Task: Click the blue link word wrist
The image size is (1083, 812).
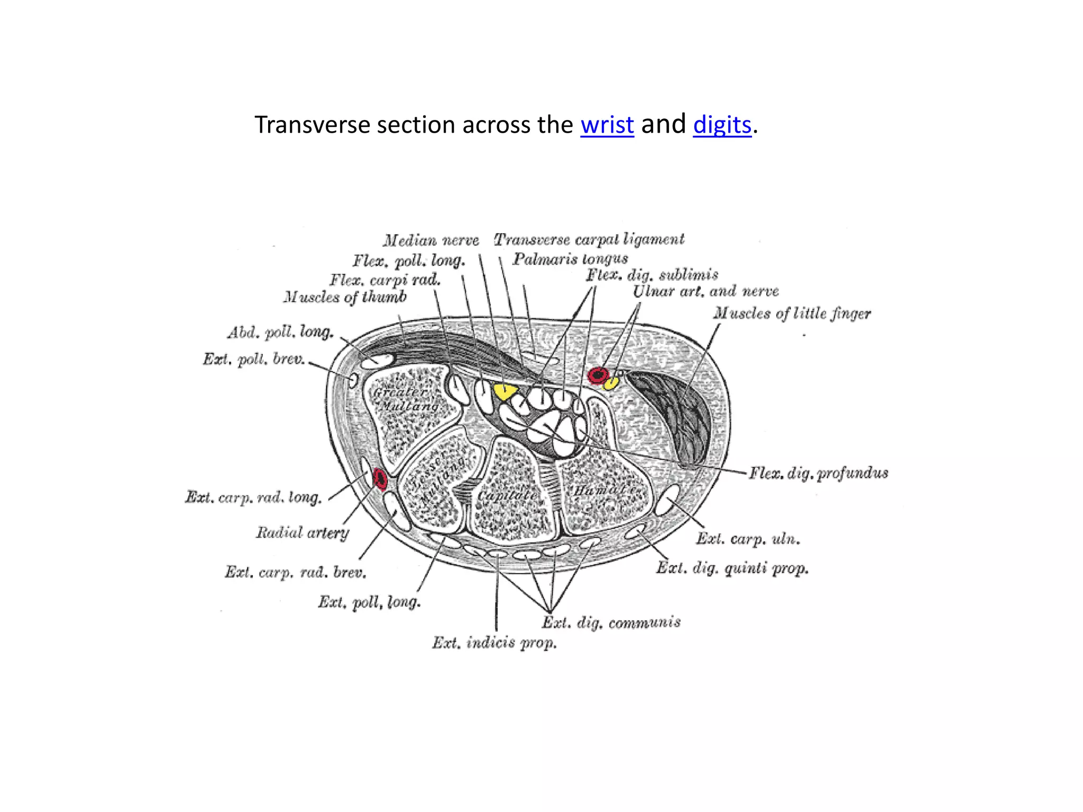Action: (x=607, y=125)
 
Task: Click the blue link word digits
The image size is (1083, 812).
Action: (x=722, y=125)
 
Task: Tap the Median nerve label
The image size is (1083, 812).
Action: (x=431, y=241)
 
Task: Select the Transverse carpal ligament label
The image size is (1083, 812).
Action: (x=589, y=239)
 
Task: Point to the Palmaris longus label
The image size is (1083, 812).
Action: (x=570, y=259)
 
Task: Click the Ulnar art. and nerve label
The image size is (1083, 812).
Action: (x=705, y=291)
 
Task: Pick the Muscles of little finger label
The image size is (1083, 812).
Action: (x=792, y=313)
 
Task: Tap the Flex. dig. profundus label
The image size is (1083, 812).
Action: (x=818, y=473)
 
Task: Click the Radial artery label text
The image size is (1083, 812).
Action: (x=302, y=532)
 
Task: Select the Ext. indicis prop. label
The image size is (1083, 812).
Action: (x=494, y=643)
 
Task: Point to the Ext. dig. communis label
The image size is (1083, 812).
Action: (x=611, y=623)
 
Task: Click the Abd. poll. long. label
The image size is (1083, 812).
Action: (x=280, y=332)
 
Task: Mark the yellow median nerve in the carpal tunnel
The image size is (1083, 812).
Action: (x=504, y=392)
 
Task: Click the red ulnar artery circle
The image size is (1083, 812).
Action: (x=598, y=375)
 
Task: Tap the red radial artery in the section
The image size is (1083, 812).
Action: (x=380, y=478)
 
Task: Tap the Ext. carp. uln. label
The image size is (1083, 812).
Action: (x=748, y=539)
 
